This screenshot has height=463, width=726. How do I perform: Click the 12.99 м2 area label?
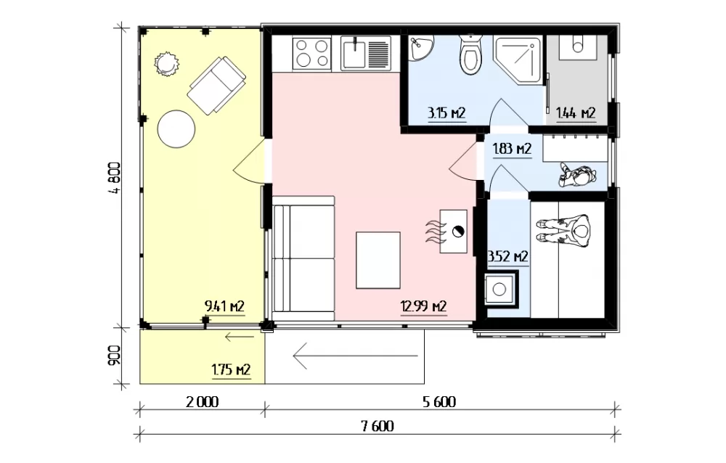pos(423,306)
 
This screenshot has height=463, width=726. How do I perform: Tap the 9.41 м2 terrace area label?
pos(224,306)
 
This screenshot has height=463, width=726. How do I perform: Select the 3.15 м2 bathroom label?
pos(446,113)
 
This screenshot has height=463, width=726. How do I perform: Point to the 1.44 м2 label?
pos(576,113)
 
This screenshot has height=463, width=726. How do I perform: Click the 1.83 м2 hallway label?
pos(512,149)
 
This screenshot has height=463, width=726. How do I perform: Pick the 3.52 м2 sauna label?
pos(508,256)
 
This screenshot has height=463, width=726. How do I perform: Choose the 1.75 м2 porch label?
pos(232,370)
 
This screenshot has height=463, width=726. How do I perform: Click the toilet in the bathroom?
pos(471,54)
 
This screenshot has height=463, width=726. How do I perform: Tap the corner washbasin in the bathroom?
pos(421,48)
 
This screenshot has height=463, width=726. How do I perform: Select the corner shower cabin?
pos(518,60)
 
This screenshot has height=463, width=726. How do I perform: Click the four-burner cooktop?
pos(312,54)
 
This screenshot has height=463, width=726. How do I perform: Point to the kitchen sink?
pos(366,54)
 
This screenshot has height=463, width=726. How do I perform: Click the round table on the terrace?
pos(176,128)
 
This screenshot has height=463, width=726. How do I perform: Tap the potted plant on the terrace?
pos(166,65)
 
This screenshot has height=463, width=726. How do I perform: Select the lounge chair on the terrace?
pos(216,85)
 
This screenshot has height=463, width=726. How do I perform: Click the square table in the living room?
pos(378,261)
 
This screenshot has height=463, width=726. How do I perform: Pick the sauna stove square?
pos(499,290)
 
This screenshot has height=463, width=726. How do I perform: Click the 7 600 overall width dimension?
pos(378,426)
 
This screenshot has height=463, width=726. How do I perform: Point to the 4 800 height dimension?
pos(115,178)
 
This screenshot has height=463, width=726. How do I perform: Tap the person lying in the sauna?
pos(563,230)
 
